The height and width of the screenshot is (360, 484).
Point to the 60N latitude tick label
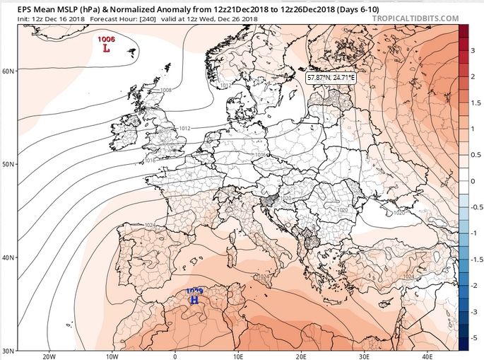[x=9, y=71]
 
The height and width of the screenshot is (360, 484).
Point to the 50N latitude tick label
[x=9, y=164]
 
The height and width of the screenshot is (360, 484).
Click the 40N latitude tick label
[x=9, y=257]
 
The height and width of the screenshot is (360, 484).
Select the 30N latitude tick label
[x=9, y=351]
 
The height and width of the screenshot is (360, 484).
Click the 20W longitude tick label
[x=49, y=356]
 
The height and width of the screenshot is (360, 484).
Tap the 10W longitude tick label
[x=112, y=356]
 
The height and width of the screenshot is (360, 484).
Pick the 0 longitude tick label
[x=175, y=356]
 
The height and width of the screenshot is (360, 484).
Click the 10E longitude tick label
[x=238, y=356]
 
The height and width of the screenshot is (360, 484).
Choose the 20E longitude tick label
[x=302, y=356]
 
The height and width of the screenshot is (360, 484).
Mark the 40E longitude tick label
[x=427, y=356]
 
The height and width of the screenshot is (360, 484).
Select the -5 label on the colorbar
[x=473, y=338]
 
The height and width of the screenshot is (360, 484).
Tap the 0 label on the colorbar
[x=473, y=181]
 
